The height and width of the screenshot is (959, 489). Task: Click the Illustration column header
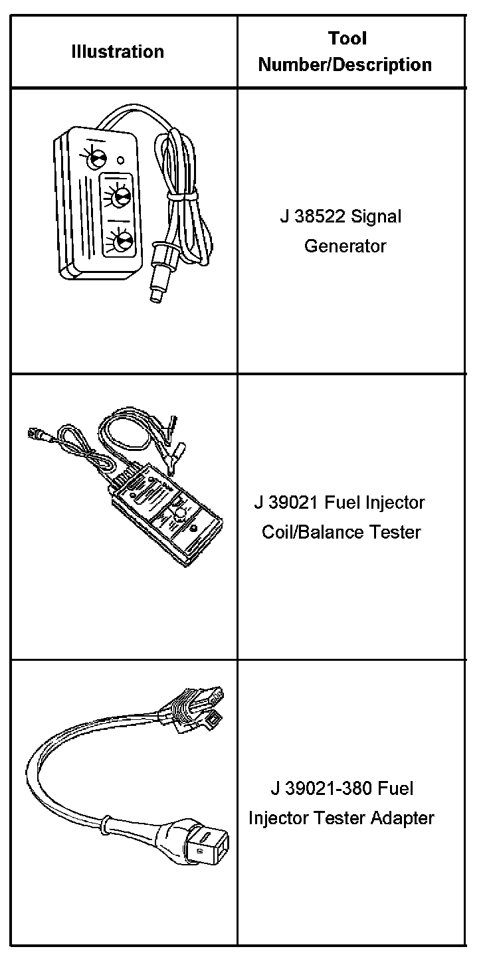point(118,52)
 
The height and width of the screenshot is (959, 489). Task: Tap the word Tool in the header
point(347,39)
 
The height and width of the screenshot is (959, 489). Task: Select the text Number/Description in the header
point(345,65)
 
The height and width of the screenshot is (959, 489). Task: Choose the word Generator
point(345,246)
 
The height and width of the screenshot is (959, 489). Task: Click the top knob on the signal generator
point(98,157)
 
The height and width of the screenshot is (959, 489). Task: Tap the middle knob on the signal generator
point(120,197)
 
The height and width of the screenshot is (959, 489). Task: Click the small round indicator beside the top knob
point(120,159)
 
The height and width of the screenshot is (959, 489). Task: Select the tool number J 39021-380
point(322,789)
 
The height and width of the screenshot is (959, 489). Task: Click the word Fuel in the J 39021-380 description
point(396,789)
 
